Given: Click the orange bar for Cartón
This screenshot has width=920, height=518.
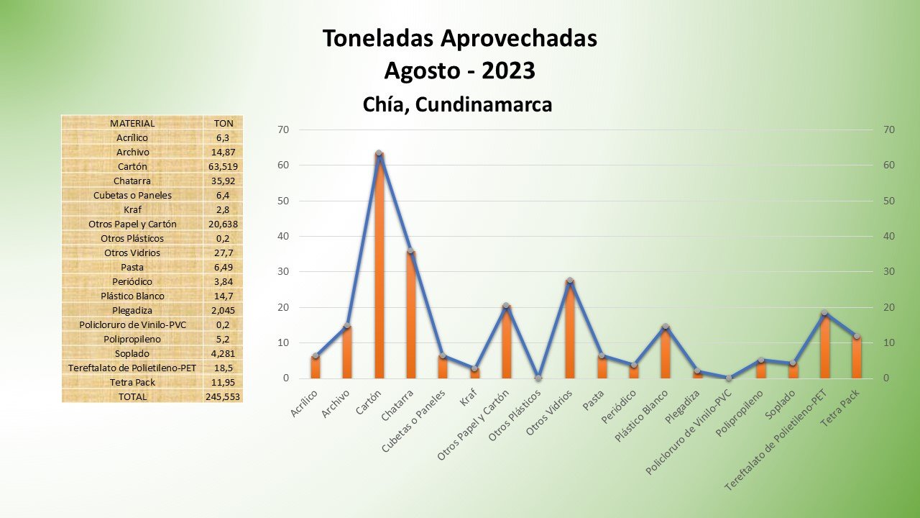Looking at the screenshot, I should coord(379,266).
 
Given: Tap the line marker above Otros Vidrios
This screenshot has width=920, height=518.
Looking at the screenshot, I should coord(570,281).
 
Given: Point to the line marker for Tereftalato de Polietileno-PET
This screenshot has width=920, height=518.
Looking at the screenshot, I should coord(824,313).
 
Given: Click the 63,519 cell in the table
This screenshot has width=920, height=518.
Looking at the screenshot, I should coord(222,166).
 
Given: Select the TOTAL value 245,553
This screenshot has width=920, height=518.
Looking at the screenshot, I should coord(223,396).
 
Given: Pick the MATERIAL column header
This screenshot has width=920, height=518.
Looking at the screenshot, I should coord(132,123).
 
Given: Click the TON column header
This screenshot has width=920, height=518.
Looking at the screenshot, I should coord(223,123).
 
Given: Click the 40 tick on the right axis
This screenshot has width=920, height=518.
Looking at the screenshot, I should coord(889,236).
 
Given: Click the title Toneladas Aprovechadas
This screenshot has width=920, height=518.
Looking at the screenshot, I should coord(459,39).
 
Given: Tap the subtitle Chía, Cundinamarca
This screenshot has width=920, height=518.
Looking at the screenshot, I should coord(457,105).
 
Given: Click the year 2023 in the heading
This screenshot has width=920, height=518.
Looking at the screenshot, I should coord(508,71).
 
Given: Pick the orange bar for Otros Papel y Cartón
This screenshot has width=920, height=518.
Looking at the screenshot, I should coord(506,342).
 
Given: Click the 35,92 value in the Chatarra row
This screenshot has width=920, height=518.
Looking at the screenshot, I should coord(222,181).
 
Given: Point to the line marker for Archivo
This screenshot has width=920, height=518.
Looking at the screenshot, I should coord(347,326).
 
